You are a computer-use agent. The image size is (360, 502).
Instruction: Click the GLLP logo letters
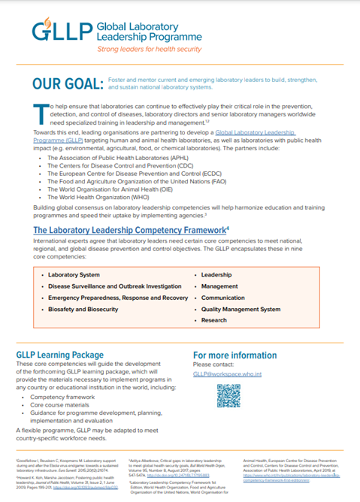(x=61, y=32)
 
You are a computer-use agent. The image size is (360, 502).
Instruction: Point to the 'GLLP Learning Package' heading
(x=61, y=354)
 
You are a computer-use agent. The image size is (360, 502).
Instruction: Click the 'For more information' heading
(x=235, y=354)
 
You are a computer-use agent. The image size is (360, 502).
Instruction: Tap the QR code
(x=228, y=395)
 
